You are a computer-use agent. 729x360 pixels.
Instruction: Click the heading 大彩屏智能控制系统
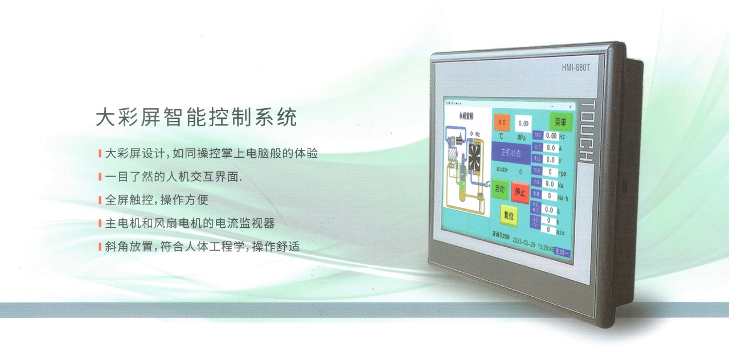[x=196, y=117]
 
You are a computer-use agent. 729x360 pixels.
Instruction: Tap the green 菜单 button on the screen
[x=560, y=122]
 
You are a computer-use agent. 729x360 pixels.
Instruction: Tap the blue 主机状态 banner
[x=511, y=153]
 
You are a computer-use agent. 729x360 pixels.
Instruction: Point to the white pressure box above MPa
[x=523, y=123]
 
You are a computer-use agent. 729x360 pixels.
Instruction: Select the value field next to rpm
[x=550, y=171]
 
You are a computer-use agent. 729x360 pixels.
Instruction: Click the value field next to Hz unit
[x=551, y=136]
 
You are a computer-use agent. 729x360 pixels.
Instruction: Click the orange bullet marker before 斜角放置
[x=100, y=247]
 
